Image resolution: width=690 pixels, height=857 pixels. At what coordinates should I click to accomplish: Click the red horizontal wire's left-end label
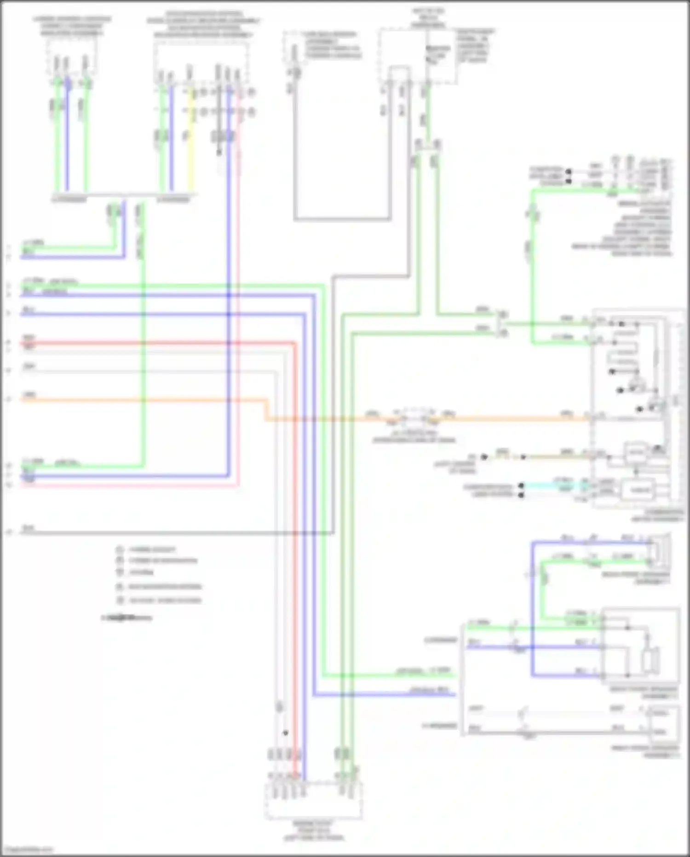tap(29, 338)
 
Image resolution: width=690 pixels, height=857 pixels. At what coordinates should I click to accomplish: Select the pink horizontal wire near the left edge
tap(115, 484)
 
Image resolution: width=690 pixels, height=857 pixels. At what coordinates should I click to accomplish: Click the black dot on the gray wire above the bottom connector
tap(286, 733)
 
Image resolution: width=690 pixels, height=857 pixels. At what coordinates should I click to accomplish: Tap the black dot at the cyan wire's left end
tap(521, 486)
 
